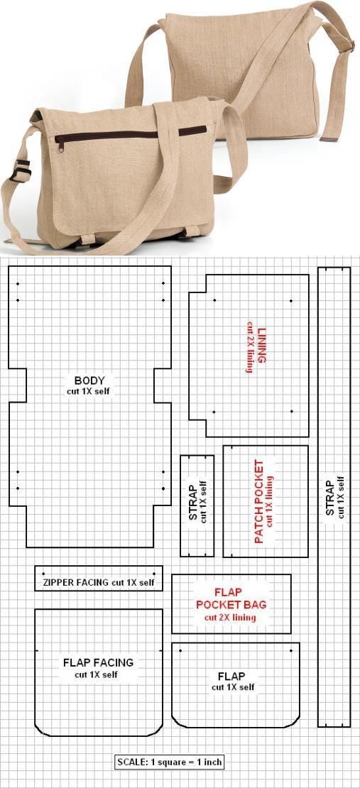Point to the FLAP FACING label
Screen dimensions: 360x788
tap(99, 662)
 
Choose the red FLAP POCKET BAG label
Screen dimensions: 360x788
tap(231, 598)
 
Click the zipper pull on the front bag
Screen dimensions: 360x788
tap(60, 146)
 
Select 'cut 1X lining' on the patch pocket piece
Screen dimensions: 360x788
tap(270, 501)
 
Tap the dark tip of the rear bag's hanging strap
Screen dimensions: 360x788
tap(329, 138)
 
